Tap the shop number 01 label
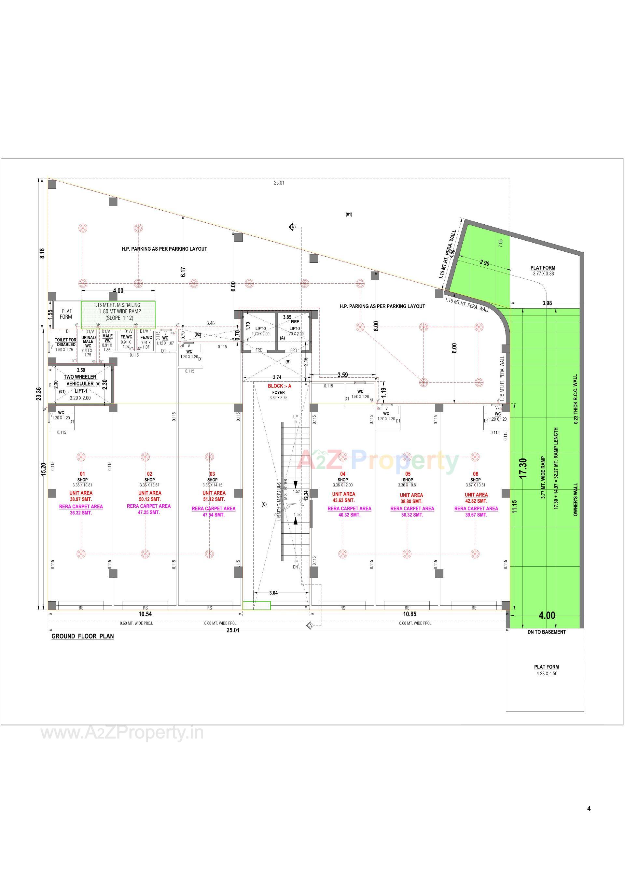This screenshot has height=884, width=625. click(82, 474)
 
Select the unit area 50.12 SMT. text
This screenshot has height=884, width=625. click(150, 499)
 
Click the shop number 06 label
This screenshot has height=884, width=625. click(476, 474)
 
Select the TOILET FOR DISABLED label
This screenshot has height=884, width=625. click(66, 342)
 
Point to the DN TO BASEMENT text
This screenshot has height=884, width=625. click(547, 632)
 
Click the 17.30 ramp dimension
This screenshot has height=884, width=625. click(523, 468)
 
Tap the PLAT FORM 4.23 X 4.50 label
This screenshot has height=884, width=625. click(547, 670)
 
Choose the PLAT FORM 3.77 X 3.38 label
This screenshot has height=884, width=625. click(543, 270)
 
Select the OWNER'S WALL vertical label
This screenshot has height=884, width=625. click(576, 499)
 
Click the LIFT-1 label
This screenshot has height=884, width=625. click(81, 391)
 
